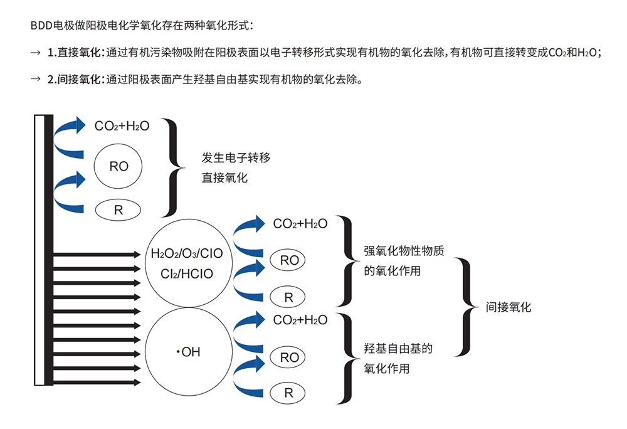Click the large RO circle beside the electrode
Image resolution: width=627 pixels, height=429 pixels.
click(119, 166)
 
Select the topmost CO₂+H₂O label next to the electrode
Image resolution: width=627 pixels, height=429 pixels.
click(122, 126)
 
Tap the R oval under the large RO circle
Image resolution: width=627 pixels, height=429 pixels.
click(119, 211)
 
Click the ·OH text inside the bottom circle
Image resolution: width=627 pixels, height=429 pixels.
click(188, 352)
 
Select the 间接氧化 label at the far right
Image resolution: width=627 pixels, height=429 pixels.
click(508, 307)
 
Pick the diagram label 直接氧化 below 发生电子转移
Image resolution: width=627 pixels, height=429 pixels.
click(224, 178)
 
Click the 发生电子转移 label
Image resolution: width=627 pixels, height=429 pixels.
click(236, 158)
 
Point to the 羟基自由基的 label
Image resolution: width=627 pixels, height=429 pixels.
click(398, 349)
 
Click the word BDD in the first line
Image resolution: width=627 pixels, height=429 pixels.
click(40, 26)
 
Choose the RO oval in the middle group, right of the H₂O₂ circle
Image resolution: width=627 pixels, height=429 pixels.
click(289, 260)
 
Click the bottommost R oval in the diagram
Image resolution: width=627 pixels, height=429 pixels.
click(289, 393)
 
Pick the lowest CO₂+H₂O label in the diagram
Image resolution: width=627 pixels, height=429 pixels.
click(300, 320)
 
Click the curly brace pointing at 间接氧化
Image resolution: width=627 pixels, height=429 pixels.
click(464, 307)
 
